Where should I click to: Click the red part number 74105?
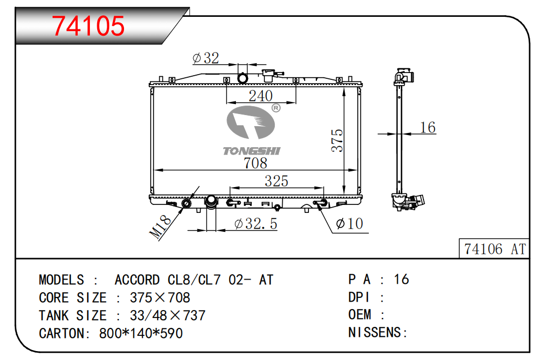[x=88, y=26]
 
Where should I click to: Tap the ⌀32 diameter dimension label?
[x=206, y=58]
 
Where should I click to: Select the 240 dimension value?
[x=261, y=96]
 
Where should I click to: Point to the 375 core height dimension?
[x=337, y=140]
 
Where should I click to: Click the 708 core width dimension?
[x=255, y=163]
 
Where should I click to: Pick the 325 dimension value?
[x=276, y=181]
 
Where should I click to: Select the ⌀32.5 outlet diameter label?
[x=256, y=223]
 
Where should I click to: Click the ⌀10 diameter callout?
[x=349, y=223]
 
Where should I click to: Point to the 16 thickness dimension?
[x=428, y=127]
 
